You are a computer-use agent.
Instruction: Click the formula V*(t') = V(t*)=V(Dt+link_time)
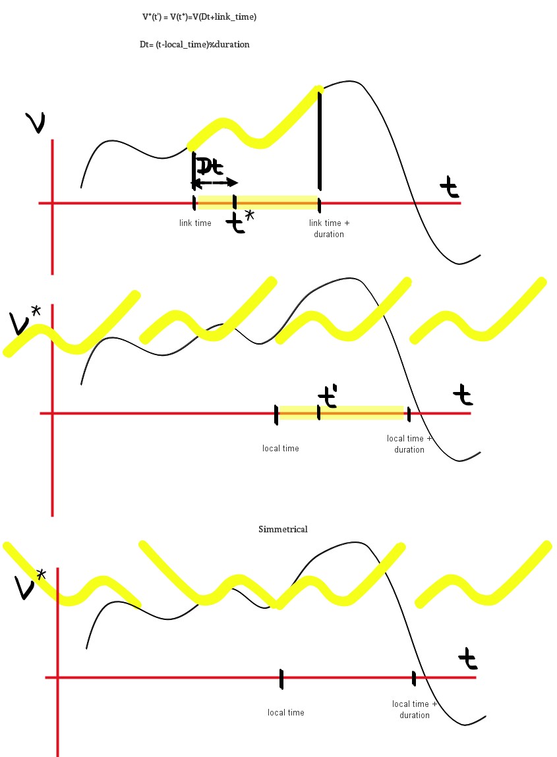pos(199,17)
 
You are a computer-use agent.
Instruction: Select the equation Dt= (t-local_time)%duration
pos(191,44)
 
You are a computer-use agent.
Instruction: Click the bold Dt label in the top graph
pos(210,165)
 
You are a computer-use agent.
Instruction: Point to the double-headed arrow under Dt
pos(214,182)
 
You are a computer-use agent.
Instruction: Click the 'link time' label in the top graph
pos(195,223)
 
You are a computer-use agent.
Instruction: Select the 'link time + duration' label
pos(329,229)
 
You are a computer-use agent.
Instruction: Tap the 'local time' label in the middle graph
pos(281,449)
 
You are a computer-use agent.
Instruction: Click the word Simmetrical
pos(283,529)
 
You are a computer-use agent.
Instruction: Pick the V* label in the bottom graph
pos(31,585)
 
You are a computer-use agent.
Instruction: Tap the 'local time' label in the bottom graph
pos(286,712)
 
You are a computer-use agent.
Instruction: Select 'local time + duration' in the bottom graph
pos(415,710)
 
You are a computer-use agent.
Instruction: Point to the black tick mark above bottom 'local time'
pos(281,679)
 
